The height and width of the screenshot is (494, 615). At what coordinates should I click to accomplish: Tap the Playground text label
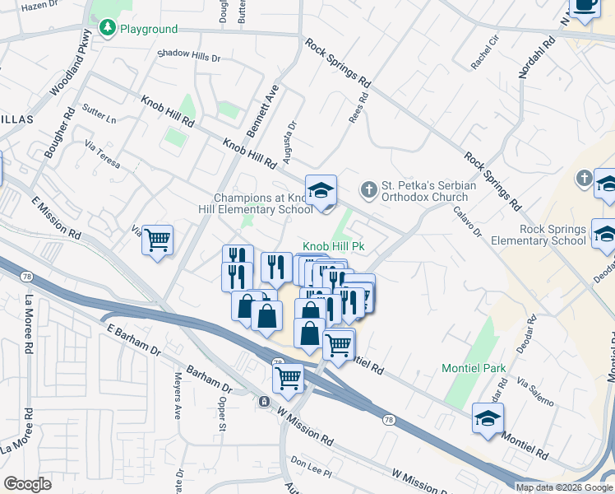(149, 29)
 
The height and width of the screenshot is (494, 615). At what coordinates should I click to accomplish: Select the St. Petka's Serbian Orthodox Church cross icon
(369, 190)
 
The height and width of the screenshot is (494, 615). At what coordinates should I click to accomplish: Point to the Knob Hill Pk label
(335, 246)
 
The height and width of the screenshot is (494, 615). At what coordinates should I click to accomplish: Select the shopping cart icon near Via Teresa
(158, 240)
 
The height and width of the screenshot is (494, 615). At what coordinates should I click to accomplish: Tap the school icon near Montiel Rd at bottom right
(488, 418)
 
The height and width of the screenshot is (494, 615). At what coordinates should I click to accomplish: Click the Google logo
(27, 484)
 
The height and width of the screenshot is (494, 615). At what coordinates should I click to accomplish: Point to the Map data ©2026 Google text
(564, 487)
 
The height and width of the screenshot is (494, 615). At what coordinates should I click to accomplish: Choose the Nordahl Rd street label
(527, 57)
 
